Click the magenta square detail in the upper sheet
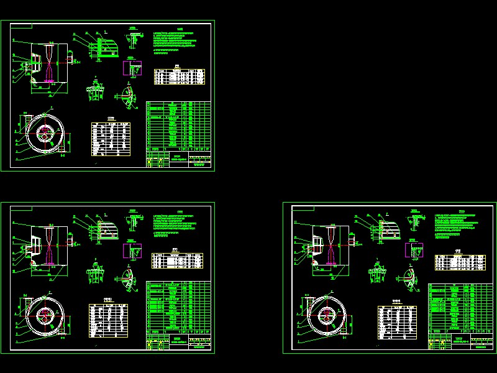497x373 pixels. tap(131, 67)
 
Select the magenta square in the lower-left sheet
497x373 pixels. tap(131, 249)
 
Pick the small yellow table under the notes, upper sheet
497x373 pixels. tap(179, 76)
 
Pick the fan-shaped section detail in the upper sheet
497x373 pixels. tap(127, 96)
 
